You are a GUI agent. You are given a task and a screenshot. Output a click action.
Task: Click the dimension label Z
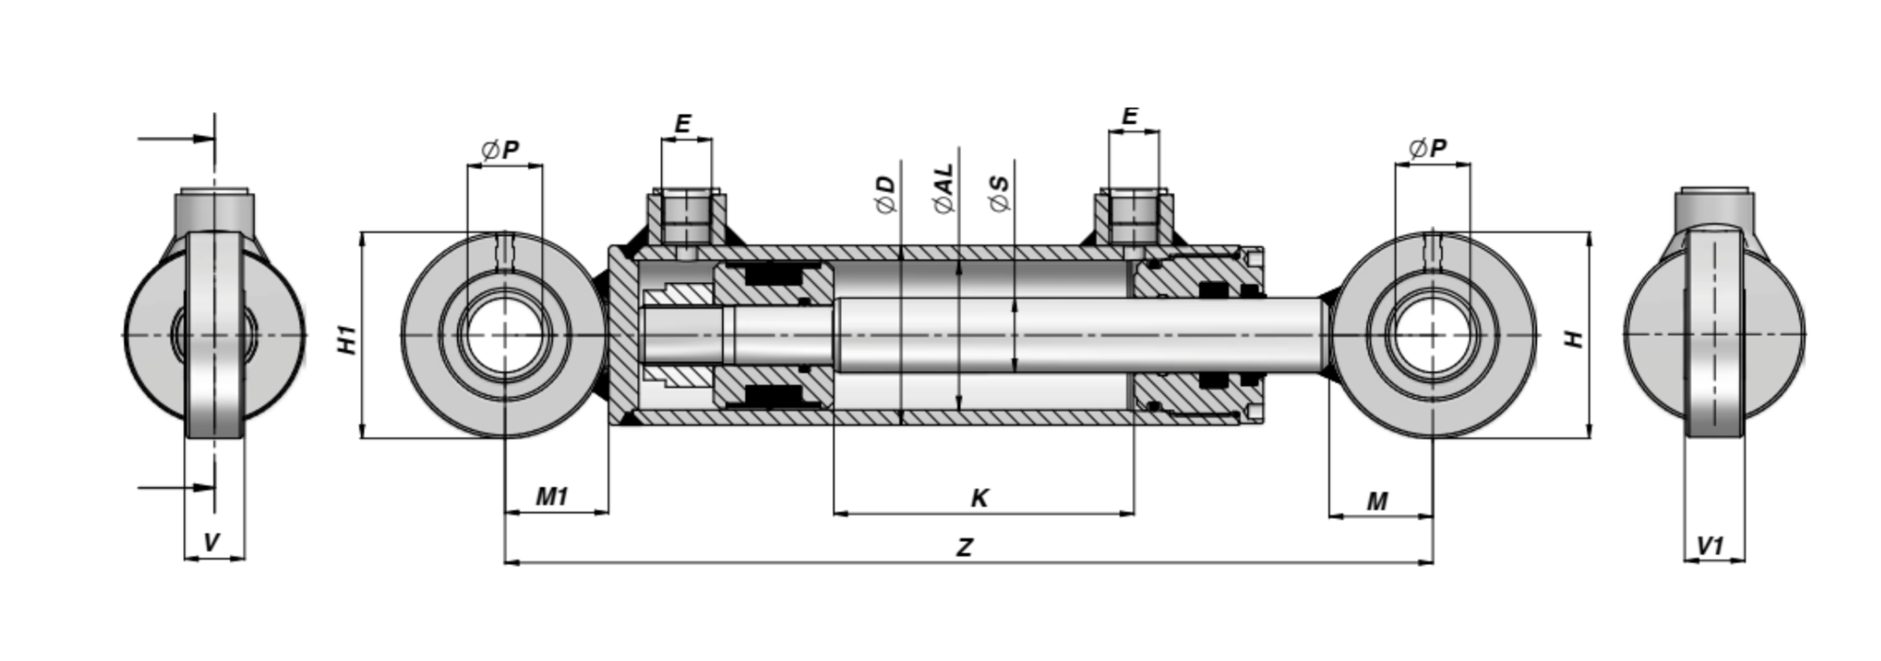[x=965, y=547]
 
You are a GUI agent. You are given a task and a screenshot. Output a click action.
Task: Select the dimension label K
[x=980, y=497]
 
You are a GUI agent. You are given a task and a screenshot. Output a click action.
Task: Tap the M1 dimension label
[x=552, y=496]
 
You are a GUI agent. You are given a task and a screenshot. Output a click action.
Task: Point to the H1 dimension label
[x=348, y=339]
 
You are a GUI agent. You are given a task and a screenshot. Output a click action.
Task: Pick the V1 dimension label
[x=1711, y=545]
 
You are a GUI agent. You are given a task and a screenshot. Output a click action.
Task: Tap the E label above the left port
[x=684, y=123]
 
